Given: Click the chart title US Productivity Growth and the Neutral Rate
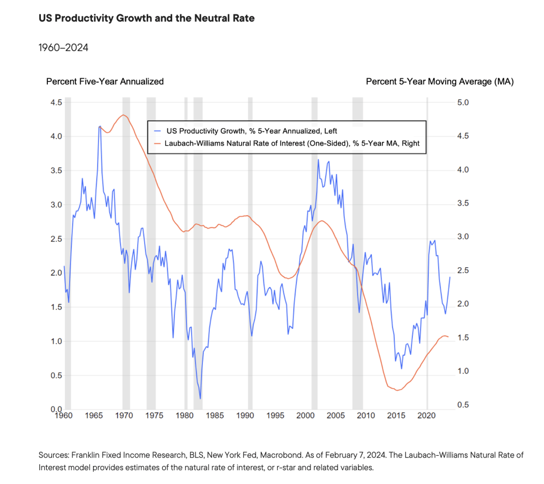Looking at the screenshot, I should (x=147, y=19).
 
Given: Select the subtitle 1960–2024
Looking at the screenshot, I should (x=63, y=48).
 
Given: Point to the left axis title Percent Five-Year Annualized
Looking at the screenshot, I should (x=105, y=81).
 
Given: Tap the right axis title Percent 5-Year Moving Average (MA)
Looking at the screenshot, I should (x=440, y=81).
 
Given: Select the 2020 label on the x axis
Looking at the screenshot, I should (x=428, y=416).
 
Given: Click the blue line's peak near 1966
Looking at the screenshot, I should (x=99, y=126).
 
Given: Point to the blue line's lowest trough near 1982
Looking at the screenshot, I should (x=200, y=398).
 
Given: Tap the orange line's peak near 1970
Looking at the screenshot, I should (x=123, y=115).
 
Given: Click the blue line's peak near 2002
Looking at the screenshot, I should (x=318, y=160).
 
